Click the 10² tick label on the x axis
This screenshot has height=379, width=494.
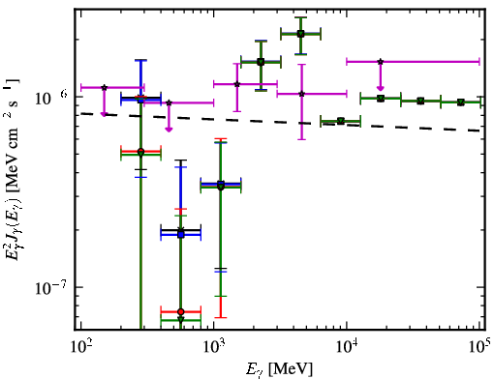[x=80, y=346]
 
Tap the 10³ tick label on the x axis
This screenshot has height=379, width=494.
[x=214, y=346]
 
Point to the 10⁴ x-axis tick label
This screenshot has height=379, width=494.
[x=347, y=346]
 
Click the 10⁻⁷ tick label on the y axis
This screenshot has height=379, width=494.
[x=50, y=287]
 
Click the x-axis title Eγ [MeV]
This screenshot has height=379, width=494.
[x=279, y=368]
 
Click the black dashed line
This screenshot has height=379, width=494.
[x=280, y=122]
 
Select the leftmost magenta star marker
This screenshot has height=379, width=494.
[x=104, y=87]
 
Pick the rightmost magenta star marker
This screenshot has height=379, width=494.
[x=381, y=61]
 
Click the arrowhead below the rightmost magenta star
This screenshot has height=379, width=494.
[x=381, y=88]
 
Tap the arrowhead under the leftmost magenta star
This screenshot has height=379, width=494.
[x=104, y=114]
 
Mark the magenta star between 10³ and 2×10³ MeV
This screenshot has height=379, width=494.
[x=237, y=84]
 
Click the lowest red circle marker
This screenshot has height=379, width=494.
[x=181, y=311]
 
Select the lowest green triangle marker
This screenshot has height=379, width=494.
[x=181, y=320]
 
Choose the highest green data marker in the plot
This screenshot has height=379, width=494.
[x=300, y=34]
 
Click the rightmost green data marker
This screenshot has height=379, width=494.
[x=461, y=102]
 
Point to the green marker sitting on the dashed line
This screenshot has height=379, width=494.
[x=340, y=121]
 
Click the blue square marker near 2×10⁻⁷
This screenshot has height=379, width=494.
[x=181, y=235]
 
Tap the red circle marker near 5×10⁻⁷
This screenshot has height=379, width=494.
[x=140, y=151]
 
